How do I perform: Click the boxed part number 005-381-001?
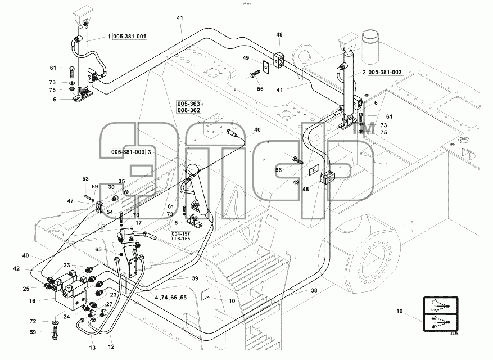click(129, 37)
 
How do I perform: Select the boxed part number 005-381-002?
click(385, 73)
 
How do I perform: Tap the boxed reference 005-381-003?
click(128, 152)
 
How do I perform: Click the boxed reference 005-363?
click(189, 104)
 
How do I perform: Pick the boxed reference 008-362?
click(189, 110)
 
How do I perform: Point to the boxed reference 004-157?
click(181, 234)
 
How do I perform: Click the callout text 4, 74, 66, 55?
click(171, 298)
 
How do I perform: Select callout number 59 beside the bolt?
click(33, 332)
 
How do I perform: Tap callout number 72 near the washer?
click(33, 322)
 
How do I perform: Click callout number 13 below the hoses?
click(92, 348)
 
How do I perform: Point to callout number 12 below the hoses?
click(111, 347)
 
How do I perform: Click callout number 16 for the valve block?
click(32, 301)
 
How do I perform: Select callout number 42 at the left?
click(16, 269)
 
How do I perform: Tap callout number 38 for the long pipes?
click(314, 290)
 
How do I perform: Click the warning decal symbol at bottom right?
click(441, 314)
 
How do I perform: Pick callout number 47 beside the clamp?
click(70, 201)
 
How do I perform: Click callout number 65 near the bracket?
click(98, 250)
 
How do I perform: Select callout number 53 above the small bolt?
click(85, 179)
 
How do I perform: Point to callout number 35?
click(121, 181)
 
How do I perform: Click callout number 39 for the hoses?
click(195, 278)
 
